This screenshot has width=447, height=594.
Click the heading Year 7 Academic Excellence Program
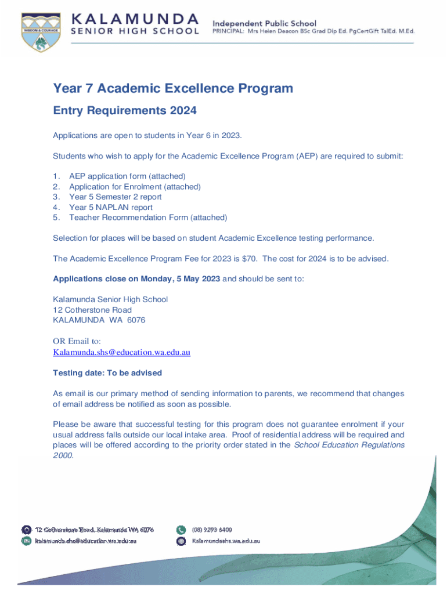click(173, 89)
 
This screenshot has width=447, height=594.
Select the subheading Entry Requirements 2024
click(125, 111)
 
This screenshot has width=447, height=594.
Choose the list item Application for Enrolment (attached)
click(135, 186)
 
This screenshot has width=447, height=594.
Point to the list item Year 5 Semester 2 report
click(115, 197)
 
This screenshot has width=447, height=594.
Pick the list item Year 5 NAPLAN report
click(111, 207)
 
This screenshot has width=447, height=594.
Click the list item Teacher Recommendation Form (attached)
click(148, 218)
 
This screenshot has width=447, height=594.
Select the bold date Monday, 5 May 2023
click(180, 278)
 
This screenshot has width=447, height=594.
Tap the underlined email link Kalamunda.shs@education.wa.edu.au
click(122, 352)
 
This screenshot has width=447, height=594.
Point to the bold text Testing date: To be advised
click(107, 372)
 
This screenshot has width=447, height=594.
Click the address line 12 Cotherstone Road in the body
click(92, 310)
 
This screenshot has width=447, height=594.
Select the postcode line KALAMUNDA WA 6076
click(99, 320)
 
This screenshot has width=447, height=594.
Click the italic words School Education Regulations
click(349, 445)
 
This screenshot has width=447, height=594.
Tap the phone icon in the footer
click(181, 530)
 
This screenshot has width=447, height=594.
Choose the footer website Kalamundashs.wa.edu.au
click(226, 541)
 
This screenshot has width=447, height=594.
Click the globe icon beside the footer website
click(181, 541)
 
